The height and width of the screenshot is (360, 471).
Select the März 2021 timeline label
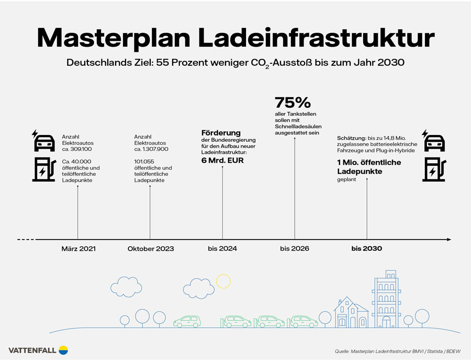click(x=78, y=249)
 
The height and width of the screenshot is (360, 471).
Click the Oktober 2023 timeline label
click(x=151, y=249)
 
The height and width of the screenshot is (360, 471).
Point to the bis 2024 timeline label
click(x=222, y=249)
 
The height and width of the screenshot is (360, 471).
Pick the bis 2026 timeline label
click(x=295, y=249)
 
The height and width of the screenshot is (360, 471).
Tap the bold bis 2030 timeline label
click(x=366, y=249)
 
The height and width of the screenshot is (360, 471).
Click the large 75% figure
click(x=293, y=102)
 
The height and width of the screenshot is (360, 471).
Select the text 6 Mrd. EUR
click(x=222, y=160)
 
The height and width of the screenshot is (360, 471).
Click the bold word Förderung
click(x=221, y=132)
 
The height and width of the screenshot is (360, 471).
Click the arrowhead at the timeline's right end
click(x=448, y=240)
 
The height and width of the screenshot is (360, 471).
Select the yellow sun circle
click(x=223, y=281)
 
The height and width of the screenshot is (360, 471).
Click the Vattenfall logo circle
click(x=63, y=350)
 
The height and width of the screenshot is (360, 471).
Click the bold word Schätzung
click(x=352, y=137)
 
